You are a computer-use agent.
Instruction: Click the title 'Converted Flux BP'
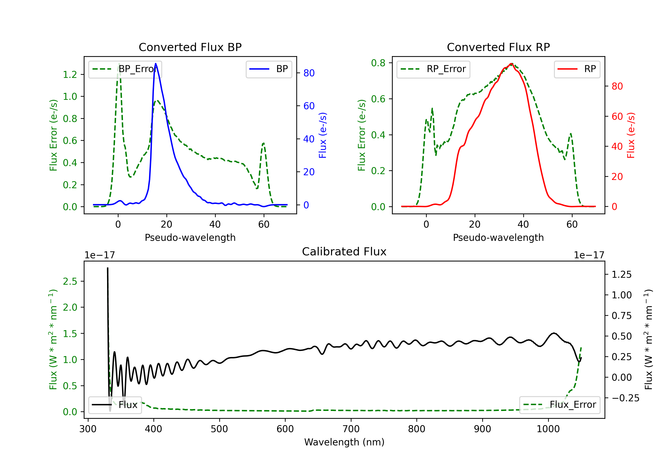point(190,47)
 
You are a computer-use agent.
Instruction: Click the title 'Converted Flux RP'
point(498,47)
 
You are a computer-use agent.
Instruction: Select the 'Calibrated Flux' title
point(344,252)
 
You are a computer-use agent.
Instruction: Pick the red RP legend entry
point(577,69)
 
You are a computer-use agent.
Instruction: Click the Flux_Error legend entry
point(560,405)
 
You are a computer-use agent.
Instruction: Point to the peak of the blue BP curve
point(155,64)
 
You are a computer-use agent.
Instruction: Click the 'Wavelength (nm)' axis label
point(344,442)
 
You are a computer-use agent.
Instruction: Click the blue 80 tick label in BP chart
point(309,73)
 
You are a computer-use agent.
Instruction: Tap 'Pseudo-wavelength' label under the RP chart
point(498,237)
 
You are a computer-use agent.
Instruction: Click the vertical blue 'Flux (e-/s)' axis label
point(323,135)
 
